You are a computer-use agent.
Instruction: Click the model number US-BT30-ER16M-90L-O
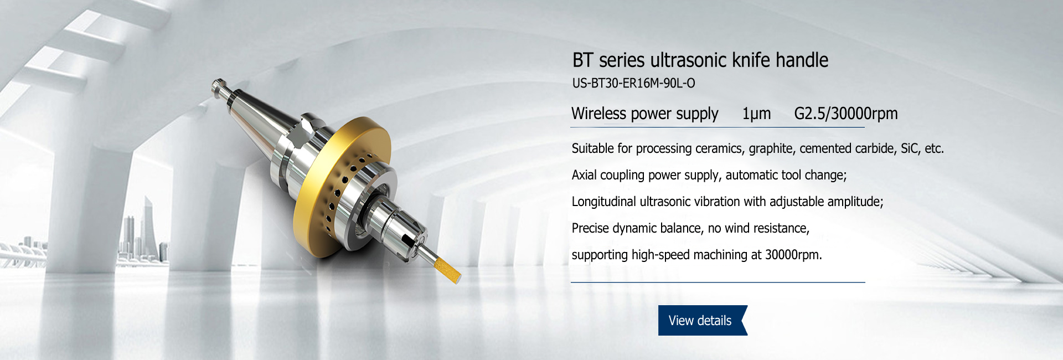[x=633, y=83]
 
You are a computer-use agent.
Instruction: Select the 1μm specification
[x=756, y=114]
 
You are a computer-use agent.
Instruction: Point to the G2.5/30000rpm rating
[x=846, y=114]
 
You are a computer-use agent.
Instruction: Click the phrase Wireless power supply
[x=645, y=114]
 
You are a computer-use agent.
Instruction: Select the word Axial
[x=584, y=175]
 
